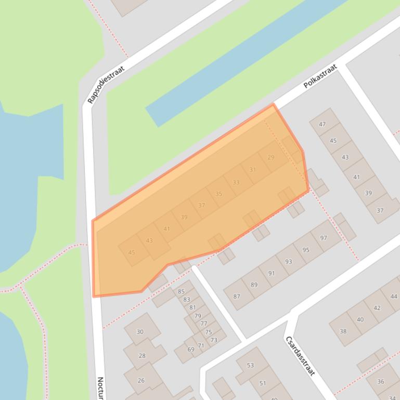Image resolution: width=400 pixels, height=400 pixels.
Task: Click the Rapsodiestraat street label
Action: (106, 85)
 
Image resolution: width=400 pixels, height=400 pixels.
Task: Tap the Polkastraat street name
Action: (320, 76)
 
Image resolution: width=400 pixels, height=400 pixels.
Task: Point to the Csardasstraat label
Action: (300, 355)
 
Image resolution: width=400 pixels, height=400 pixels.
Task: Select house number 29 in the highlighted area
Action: (270, 157)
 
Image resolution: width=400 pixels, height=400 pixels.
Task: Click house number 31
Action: (253, 169)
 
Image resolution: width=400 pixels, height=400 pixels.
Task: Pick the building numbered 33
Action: (236, 182)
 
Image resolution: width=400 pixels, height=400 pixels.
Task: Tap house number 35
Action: (218, 194)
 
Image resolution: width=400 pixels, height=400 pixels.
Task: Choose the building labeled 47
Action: (322, 124)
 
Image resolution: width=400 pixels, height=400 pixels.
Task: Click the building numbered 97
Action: (324, 238)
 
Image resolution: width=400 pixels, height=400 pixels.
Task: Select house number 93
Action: (288, 262)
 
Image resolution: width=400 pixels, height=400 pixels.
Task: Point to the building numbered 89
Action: (254, 285)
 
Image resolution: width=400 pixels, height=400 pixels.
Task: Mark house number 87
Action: (237, 297)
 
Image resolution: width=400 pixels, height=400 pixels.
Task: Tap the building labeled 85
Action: (181, 291)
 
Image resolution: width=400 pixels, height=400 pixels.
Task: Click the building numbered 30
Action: (140, 332)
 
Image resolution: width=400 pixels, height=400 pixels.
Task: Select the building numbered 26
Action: (141, 380)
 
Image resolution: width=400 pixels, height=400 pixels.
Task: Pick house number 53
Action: (250, 365)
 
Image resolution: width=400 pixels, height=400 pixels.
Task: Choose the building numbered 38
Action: (343, 331)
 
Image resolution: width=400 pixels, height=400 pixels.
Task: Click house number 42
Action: (377, 308)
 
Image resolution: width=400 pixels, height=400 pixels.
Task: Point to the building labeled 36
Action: (380, 381)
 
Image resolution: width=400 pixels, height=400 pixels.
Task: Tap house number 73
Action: (214, 340)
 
